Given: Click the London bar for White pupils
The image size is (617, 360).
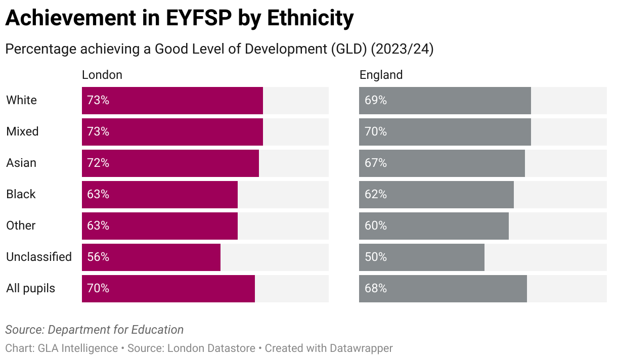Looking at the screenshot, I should [172, 100].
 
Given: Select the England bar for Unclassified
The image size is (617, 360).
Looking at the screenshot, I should [421, 257].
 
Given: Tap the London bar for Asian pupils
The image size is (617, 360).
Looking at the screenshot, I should [170, 163].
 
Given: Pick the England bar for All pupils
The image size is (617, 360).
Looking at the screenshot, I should [443, 288].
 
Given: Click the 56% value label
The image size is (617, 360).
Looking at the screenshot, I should [98, 257].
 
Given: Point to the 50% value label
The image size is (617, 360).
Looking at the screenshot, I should [376, 257].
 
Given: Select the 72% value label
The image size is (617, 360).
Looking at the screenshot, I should [98, 163].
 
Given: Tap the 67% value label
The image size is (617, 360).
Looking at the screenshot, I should [376, 163].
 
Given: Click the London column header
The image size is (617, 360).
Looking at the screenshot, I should [102, 75].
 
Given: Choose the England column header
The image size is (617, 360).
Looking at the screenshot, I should [381, 75].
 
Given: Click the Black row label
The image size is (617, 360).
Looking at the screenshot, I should [21, 194].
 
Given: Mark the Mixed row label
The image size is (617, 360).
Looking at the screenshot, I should [22, 131].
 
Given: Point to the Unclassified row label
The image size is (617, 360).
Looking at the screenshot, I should [39, 257].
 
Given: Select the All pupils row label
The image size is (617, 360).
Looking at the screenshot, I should [30, 288].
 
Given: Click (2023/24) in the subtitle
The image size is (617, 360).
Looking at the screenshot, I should [402, 50].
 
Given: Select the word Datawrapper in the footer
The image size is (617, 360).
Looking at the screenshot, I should [361, 348].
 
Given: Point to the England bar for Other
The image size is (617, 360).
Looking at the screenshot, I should [433, 226].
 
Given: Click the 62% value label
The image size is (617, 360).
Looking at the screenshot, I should [376, 194].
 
